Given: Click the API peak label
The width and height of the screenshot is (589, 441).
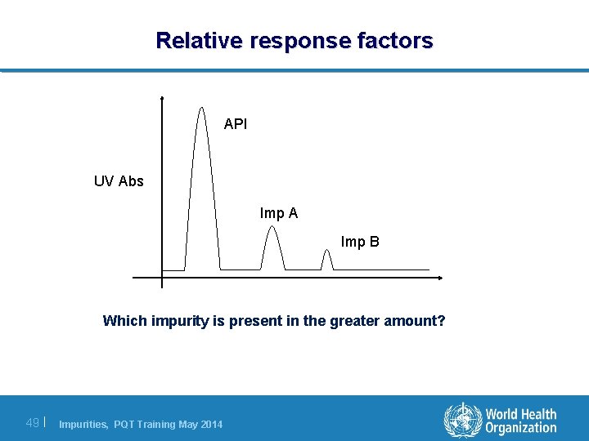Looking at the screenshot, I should [x=236, y=125].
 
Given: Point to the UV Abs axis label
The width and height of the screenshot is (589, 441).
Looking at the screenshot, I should [x=119, y=181].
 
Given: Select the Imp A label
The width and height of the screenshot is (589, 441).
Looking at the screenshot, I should [x=279, y=213].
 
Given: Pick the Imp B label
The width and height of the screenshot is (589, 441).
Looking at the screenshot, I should [x=360, y=243].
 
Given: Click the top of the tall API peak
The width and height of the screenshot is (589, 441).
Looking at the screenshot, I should [x=201, y=108].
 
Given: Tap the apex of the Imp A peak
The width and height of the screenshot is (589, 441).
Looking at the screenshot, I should [x=272, y=227].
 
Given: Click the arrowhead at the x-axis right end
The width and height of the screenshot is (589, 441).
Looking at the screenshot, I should [x=440, y=278].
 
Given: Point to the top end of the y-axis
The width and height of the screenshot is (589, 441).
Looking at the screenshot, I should [x=162, y=97].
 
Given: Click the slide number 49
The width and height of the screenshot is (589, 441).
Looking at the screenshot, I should [x=33, y=422].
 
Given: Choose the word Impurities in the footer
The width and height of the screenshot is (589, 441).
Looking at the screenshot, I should [x=83, y=424].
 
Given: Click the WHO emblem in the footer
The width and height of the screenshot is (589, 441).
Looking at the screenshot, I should [x=463, y=421].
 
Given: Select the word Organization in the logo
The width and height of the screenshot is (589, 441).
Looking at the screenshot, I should [x=520, y=428].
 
